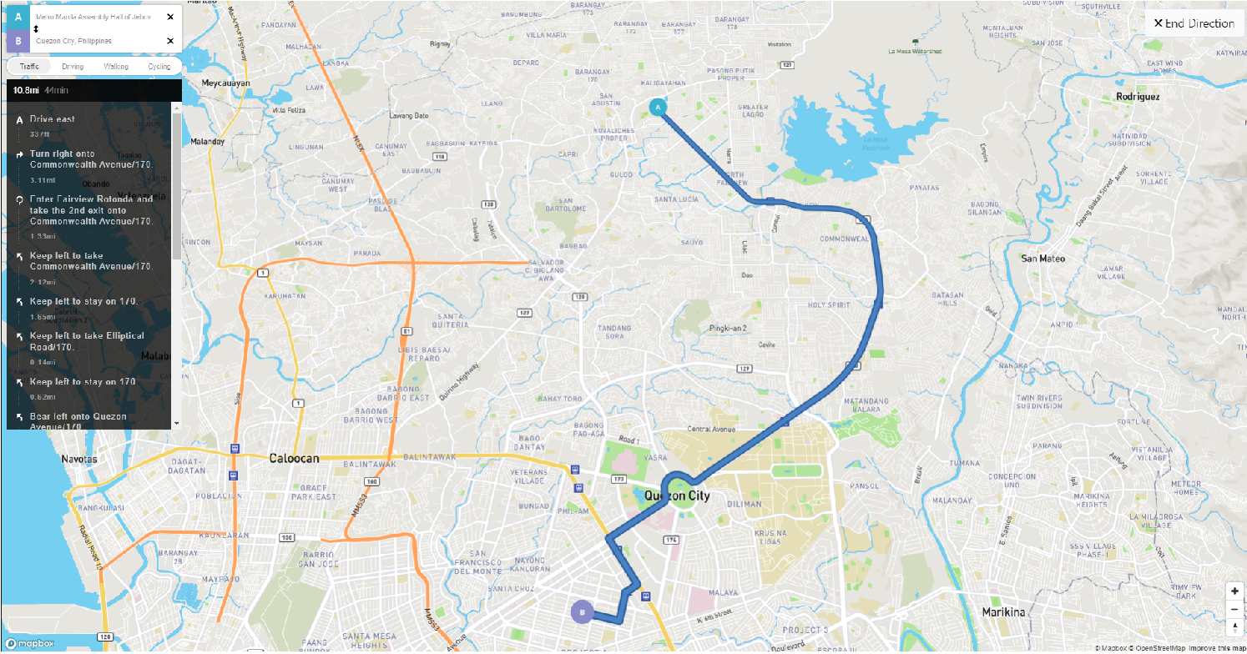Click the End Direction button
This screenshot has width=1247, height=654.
1194,23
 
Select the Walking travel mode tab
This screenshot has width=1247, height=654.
116,66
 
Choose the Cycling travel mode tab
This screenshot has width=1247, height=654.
159,66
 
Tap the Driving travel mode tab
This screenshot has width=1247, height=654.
73,66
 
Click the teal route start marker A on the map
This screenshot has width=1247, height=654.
658,108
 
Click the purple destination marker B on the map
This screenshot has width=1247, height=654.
582,611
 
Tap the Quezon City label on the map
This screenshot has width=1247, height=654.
677,496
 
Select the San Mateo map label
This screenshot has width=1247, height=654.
1043,259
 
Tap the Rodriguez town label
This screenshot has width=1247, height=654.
1138,97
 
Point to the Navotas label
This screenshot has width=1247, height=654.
79,460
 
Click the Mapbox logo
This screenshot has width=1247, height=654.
30,643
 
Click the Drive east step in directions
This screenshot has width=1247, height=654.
53,119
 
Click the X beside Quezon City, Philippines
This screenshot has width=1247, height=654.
170,41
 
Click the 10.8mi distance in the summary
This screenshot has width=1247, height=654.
26,89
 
